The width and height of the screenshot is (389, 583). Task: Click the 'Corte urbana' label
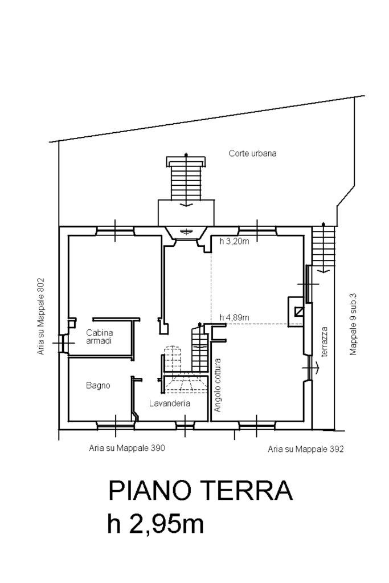pyautogui.click(x=252, y=153)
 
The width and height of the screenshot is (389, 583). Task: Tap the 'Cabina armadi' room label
pyautogui.click(x=99, y=336)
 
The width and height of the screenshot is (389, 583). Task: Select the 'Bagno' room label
pyautogui.click(x=98, y=385)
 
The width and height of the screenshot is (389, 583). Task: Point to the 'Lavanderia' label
pyautogui.click(x=169, y=403)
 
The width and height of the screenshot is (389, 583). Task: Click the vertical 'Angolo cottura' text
pyautogui.click(x=218, y=385)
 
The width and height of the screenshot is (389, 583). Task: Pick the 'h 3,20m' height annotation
pyautogui.click(x=234, y=242)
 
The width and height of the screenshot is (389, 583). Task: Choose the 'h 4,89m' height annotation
pyautogui.click(x=234, y=317)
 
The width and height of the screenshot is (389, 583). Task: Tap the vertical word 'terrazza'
pyautogui.click(x=324, y=341)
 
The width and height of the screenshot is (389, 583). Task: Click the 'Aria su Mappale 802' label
pyautogui.click(x=41, y=317)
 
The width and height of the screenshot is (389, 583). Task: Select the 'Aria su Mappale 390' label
pyautogui.click(x=127, y=448)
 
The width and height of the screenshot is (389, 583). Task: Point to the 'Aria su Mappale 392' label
pyautogui.click(x=306, y=449)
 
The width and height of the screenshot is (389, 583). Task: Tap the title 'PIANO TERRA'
pyautogui.click(x=200, y=491)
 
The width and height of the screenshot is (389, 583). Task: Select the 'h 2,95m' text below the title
pyautogui.click(x=155, y=524)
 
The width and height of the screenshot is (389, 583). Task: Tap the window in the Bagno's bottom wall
pyautogui.click(x=116, y=424)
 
